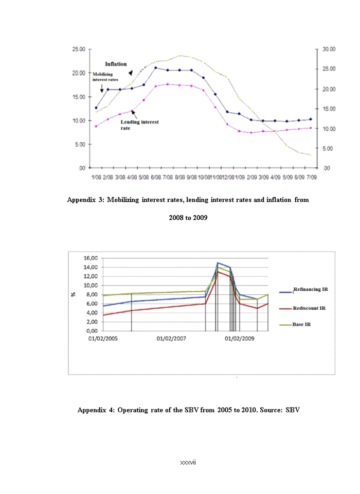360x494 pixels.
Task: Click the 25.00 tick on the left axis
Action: click(x=79, y=49)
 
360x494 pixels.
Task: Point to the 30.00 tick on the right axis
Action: click(x=329, y=49)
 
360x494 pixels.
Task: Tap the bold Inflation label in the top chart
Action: click(x=116, y=64)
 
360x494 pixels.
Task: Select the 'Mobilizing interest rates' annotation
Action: click(x=105, y=77)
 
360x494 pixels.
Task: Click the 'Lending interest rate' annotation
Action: click(x=139, y=125)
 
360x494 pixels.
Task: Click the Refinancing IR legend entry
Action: click(x=310, y=290)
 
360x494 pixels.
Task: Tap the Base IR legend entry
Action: click(x=301, y=325)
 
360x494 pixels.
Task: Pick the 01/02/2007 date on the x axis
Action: click(x=171, y=339)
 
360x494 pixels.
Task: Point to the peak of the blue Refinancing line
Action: click(x=218, y=263)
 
